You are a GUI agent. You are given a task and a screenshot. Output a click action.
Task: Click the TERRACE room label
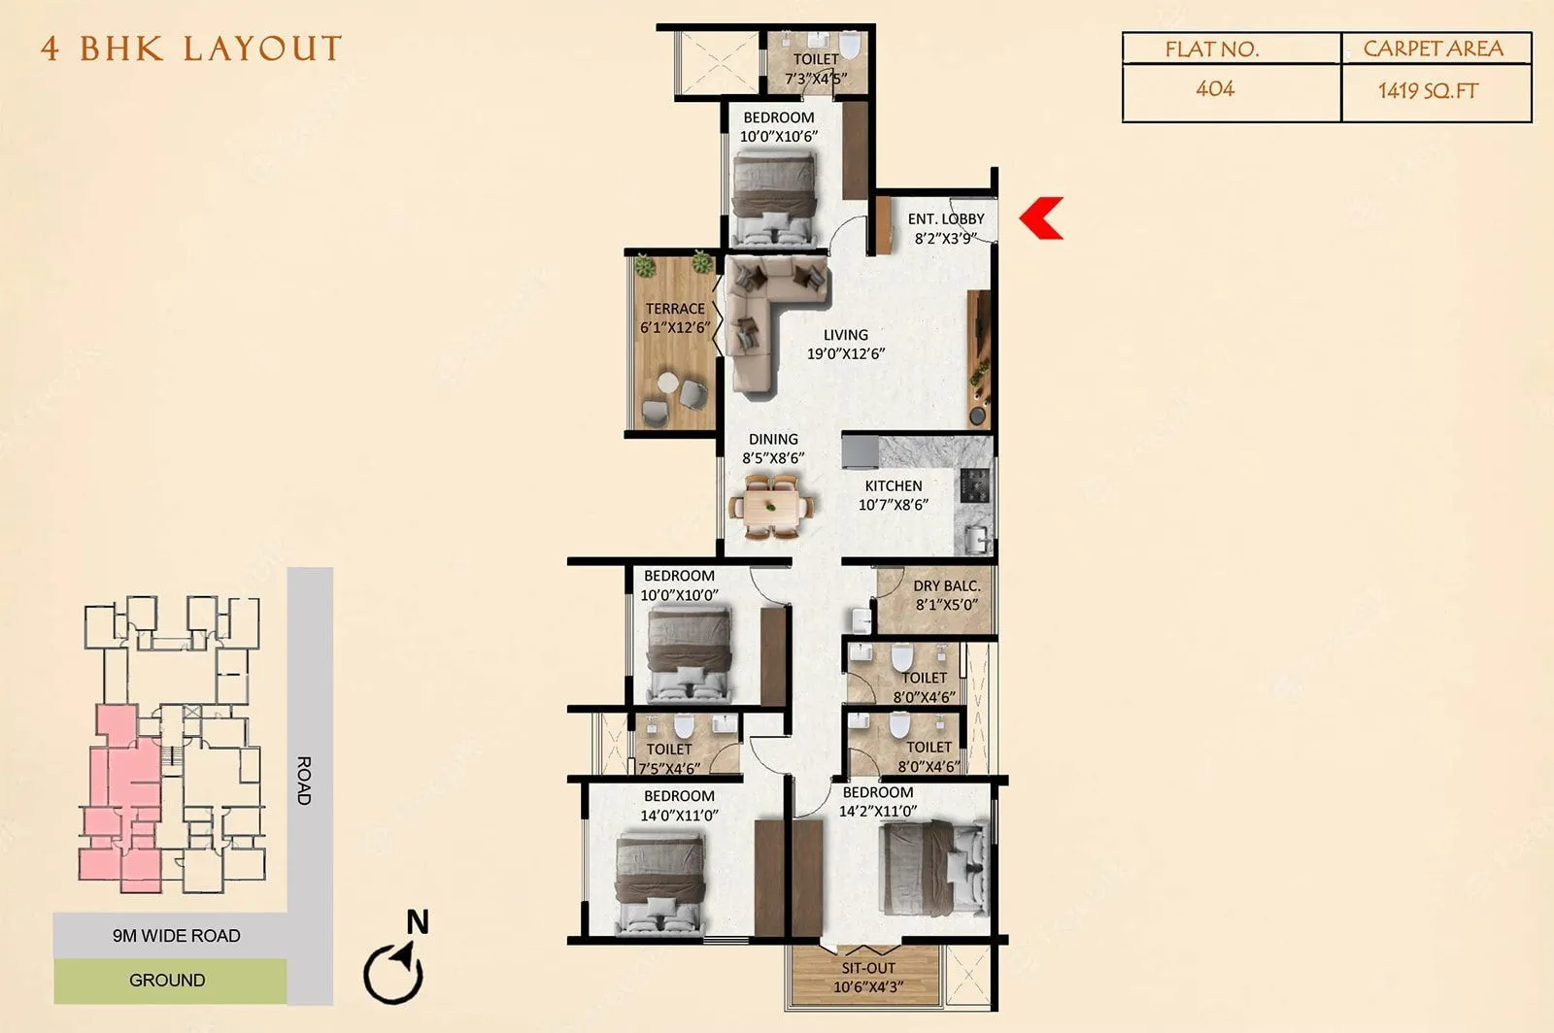(675, 309)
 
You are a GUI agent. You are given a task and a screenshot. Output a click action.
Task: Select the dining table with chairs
(772, 506)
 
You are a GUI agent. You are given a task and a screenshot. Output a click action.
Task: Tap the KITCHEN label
(894, 485)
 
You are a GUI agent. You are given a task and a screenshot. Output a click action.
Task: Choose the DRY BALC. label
(946, 585)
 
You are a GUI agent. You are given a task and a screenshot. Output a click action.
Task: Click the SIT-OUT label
(868, 968)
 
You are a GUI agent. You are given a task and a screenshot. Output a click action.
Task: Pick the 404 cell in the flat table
(1215, 89)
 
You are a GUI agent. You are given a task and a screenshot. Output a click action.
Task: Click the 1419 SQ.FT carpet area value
(1428, 91)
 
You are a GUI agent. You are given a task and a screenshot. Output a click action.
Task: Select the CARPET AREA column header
(1433, 49)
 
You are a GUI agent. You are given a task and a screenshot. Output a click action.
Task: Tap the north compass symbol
(394, 967)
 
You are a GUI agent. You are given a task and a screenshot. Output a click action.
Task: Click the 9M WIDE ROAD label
(176, 936)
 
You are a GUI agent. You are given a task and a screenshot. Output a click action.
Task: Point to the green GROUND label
(167, 981)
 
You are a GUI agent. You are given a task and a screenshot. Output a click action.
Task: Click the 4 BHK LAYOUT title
(191, 49)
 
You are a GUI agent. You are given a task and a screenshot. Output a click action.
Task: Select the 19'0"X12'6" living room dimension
(846, 353)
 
